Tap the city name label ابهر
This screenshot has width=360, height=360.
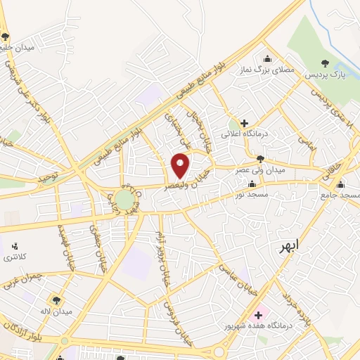(x=288, y=246)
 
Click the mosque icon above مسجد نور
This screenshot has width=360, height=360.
(x=252, y=184)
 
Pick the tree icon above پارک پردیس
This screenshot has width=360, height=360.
(x=324, y=63)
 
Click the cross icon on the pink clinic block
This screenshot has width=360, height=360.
(x=258, y=314)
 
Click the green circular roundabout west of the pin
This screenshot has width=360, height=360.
(x=125, y=200)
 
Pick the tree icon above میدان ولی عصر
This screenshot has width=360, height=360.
(x=261, y=159)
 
